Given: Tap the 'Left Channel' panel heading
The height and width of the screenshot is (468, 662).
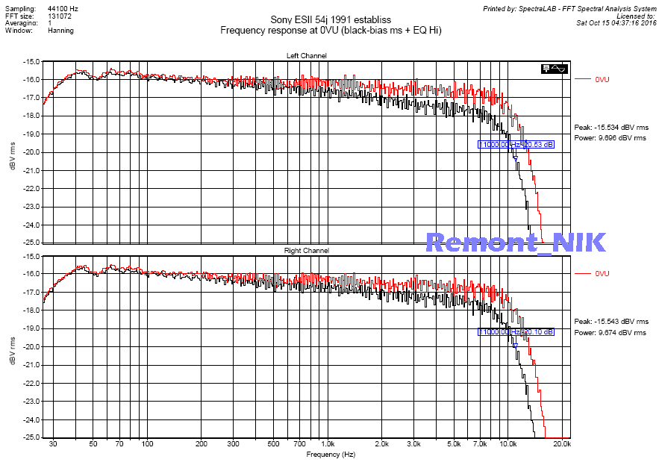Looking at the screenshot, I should click(x=306, y=56).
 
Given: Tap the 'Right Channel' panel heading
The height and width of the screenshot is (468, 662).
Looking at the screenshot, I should click(x=306, y=251).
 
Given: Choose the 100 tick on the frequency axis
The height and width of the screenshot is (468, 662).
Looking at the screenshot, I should click(x=147, y=443).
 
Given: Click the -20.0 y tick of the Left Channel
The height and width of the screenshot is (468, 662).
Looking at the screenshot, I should click(x=31, y=152).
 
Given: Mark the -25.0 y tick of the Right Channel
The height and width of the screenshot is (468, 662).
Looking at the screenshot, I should click(x=31, y=438).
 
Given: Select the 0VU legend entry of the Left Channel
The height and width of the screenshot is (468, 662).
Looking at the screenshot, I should click(x=602, y=78).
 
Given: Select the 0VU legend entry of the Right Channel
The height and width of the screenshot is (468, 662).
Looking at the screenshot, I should click(x=602, y=274).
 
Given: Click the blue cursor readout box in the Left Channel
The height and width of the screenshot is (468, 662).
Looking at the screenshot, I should click(x=516, y=145).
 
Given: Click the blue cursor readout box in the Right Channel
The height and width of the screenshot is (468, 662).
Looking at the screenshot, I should click(x=516, y=331).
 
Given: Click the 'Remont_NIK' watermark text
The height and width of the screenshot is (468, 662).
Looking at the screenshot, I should click(x=515, y=242).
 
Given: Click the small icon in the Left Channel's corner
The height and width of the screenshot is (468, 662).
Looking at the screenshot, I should click(x=555, y=69).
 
